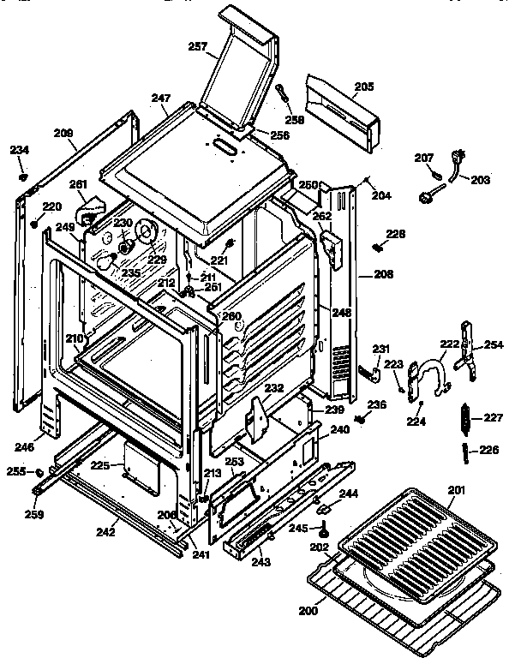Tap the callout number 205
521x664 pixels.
click(363, 86)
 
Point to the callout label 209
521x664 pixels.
click(63, 134)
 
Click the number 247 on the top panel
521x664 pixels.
click(162, 99)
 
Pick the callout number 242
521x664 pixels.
click(105, 531)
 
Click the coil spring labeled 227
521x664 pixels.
click(466, 419)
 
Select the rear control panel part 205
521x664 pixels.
click(343, 115)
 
